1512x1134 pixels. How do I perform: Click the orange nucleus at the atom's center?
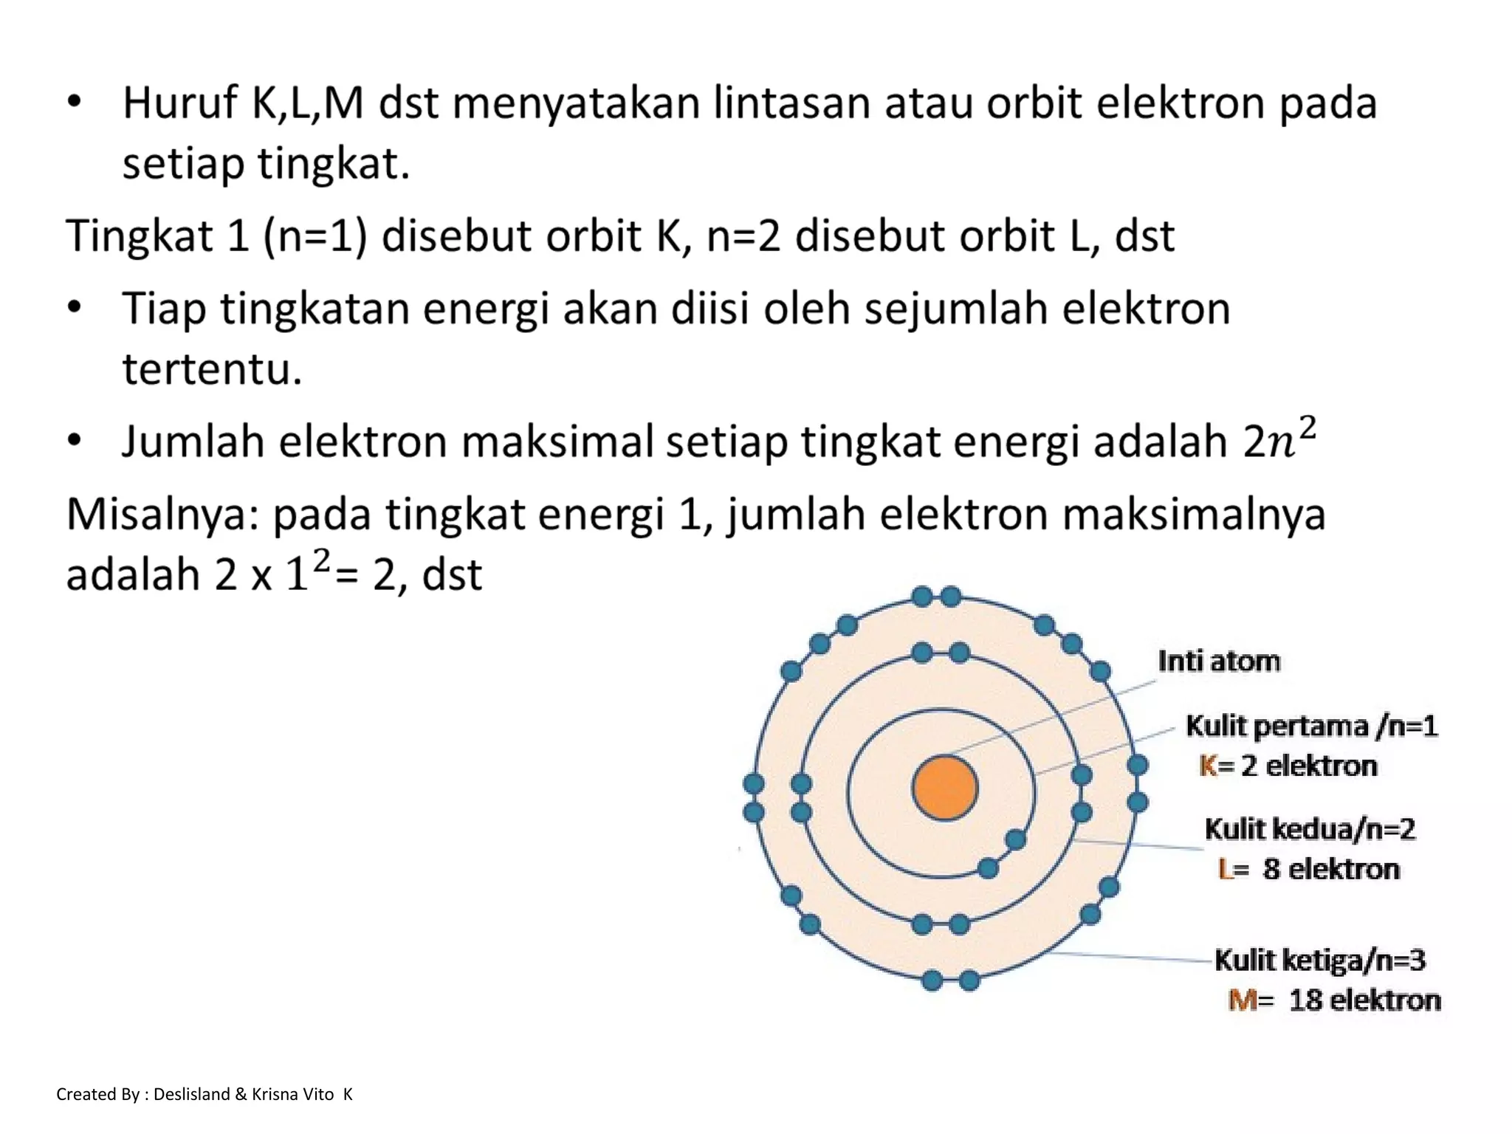(944, 788)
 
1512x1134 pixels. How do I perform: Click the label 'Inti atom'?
(1218, 661)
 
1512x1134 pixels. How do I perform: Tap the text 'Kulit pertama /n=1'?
(1311, 726)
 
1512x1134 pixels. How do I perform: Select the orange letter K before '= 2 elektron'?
(1208, 766)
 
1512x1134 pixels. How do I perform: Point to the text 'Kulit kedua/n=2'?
(1310, 829)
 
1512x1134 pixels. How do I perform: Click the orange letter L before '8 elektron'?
(1226, 869)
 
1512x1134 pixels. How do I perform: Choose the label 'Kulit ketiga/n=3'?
(1319, 960)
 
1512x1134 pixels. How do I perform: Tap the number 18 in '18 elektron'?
(1305, 1000)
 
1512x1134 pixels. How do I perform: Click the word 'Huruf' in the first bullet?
(179, 103)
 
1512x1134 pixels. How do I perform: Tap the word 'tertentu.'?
(212, 368)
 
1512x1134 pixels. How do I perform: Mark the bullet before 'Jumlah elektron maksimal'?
(74, 441)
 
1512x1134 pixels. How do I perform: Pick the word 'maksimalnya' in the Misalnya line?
(1193, 515)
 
